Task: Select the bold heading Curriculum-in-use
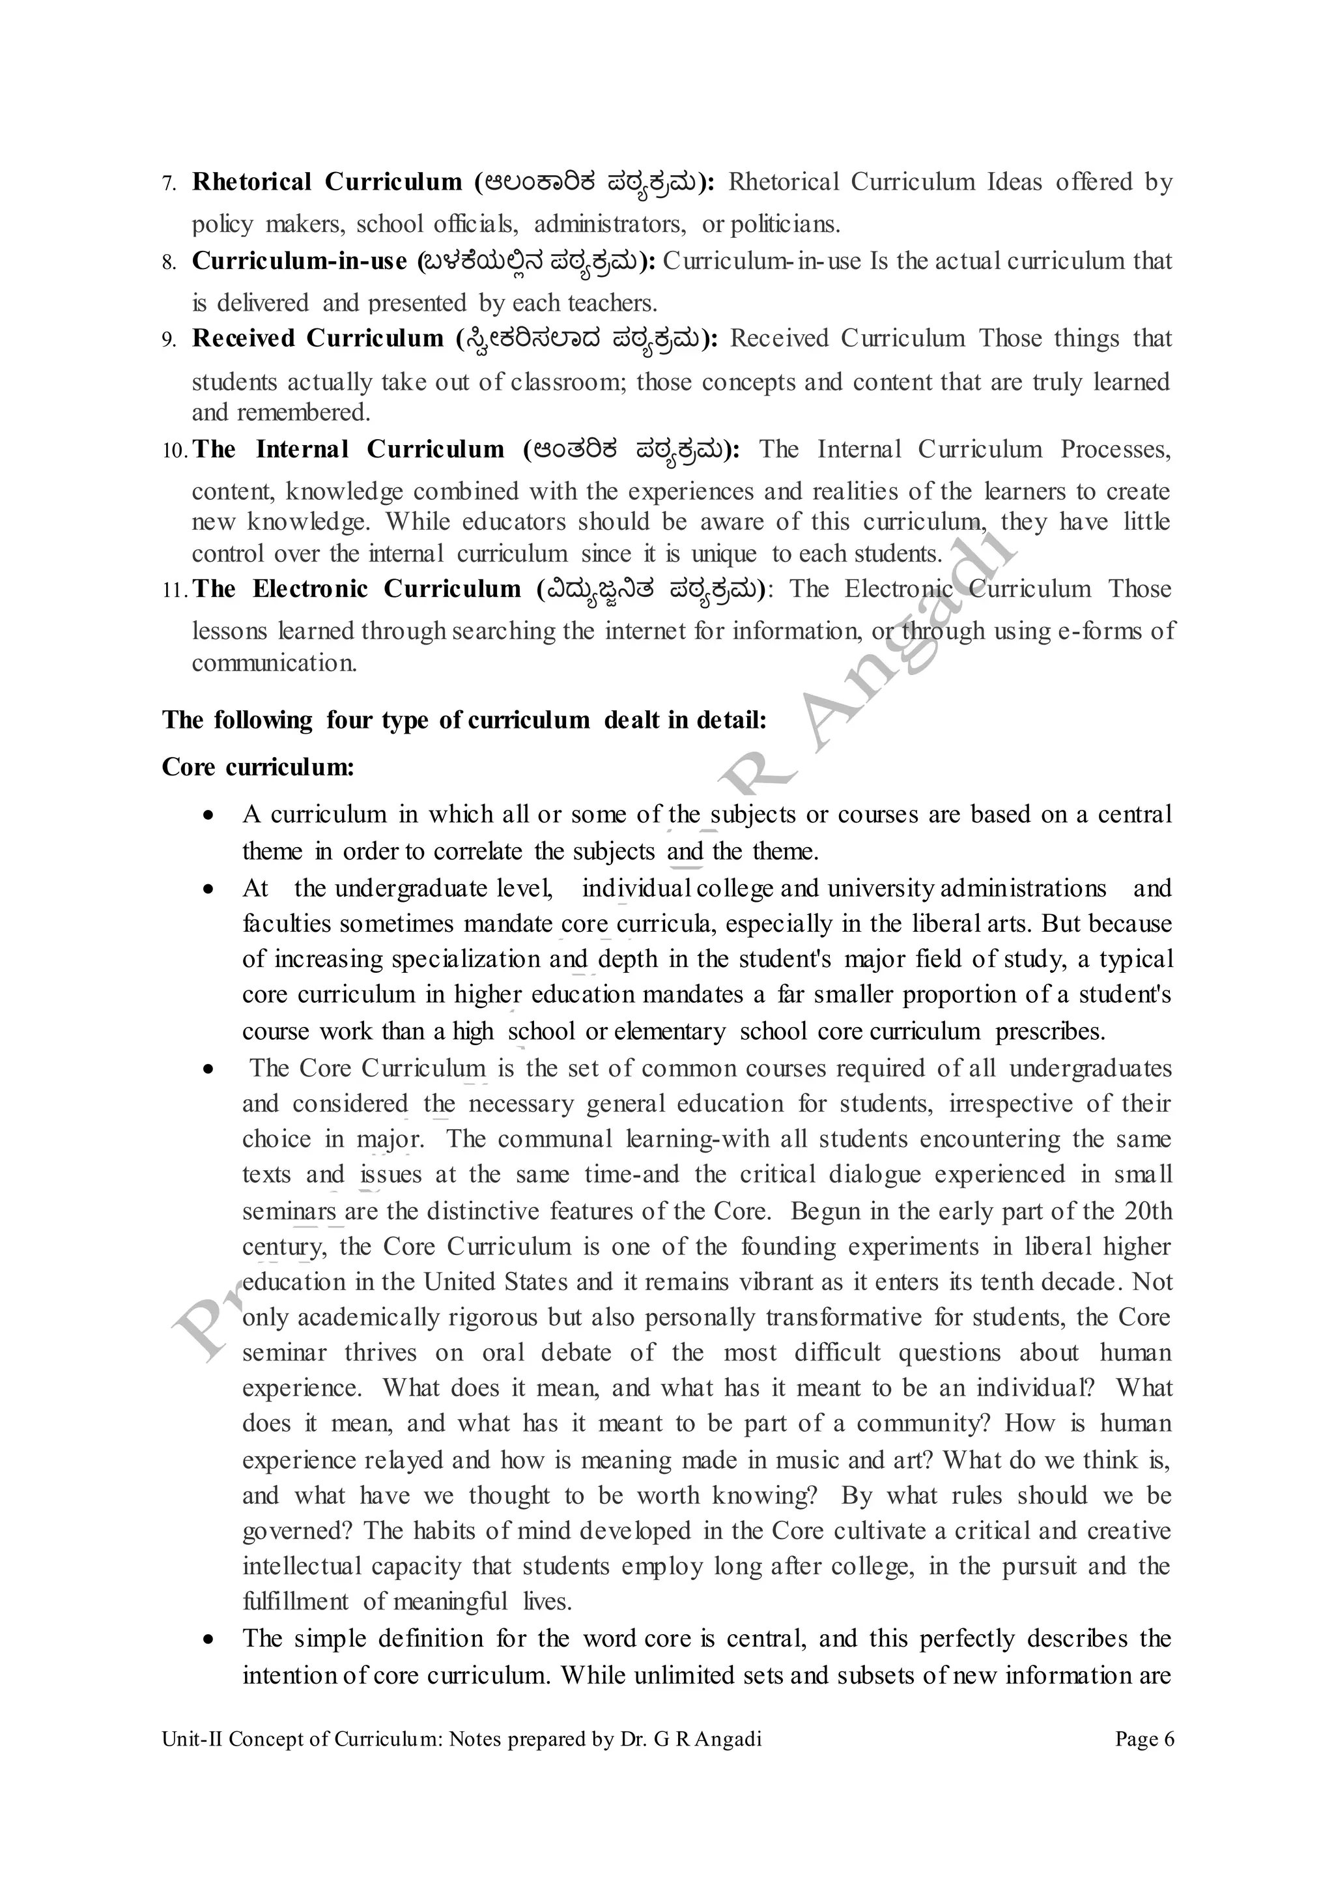coord(299,261)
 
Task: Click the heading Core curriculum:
coord(258,767)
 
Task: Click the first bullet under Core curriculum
coord(210,815)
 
